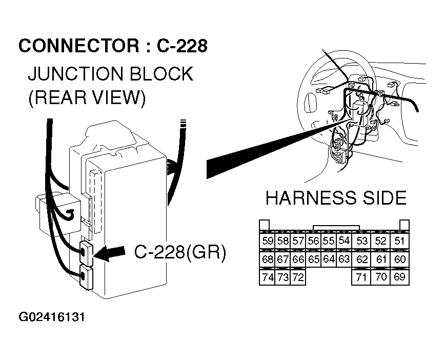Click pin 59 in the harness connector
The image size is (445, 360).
click(267, 241)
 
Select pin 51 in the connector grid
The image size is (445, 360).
click(400, 241)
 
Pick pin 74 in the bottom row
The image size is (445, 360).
click(267, 277)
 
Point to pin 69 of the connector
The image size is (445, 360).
click(400, 277)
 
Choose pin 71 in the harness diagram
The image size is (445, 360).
click(362, 277)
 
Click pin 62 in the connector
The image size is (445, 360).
click(362, 259)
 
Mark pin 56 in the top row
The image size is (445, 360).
click(314, 241)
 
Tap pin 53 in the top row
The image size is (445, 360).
click(362, 241)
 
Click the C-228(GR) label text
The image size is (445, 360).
click(180, 252)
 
